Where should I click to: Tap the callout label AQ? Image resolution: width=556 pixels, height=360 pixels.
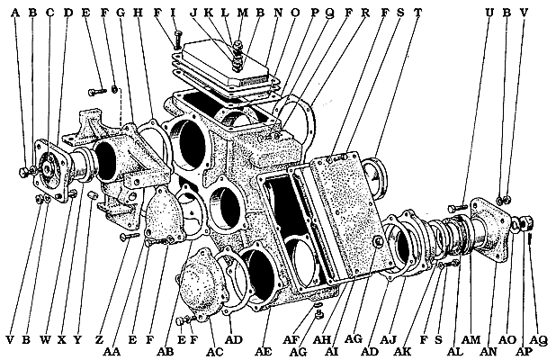pos(539,340)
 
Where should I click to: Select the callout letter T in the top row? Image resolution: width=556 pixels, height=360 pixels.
pos(417,14)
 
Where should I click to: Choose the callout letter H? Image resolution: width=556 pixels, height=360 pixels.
pos(137,14)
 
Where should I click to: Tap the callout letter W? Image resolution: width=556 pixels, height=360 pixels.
pos(45,340)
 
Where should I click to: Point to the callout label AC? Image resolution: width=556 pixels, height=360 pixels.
pos(213,349)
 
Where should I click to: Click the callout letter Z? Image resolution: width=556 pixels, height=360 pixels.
pos(99,340)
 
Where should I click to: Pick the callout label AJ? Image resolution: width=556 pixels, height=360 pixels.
pos(388,340)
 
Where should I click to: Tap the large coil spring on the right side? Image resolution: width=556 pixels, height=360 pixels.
pos(453,238)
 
